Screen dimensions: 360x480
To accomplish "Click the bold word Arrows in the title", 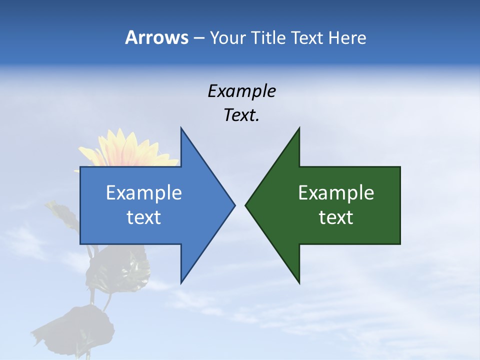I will (157, 37).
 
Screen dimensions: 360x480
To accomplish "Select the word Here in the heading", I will (347, 37).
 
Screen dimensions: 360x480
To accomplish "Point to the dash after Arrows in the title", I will (198, 38).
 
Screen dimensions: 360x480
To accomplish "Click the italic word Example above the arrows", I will (241, 91).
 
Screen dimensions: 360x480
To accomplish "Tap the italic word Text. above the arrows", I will (241, 115).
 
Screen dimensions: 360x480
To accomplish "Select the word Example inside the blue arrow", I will (143, 193).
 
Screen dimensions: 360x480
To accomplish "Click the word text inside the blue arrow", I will (143, 217).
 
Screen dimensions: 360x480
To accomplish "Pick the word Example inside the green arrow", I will (336, 193).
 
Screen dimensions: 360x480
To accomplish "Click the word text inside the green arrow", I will (336, 217).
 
